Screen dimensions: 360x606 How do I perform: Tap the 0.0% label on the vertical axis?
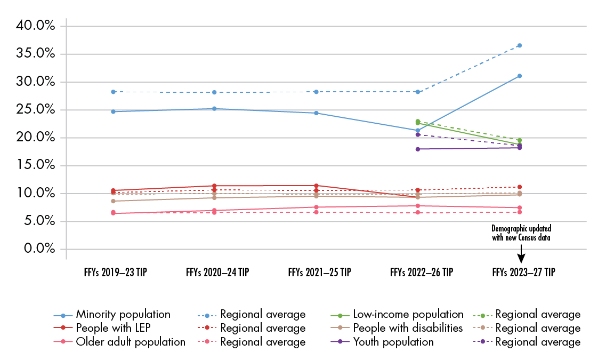coord(41,249)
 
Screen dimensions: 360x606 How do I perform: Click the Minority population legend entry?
coord(123,314)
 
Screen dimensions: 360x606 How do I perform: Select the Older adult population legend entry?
coord(131,342)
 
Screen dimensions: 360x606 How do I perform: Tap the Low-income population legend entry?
coord(408,314)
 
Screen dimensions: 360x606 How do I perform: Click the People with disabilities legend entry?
coord(408,328)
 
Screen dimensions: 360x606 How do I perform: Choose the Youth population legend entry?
coord(393,342)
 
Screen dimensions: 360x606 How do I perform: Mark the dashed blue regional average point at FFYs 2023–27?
coord(519,45)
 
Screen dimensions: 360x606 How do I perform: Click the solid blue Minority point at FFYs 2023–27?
coord(519,76)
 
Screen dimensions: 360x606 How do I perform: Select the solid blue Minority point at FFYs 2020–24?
coord(214,109)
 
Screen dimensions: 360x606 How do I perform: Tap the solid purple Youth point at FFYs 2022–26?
coord(418,149)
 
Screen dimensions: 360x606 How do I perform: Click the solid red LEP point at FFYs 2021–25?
coord(316,186)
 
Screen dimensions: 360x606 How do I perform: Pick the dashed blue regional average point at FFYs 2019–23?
coord(113,92)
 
